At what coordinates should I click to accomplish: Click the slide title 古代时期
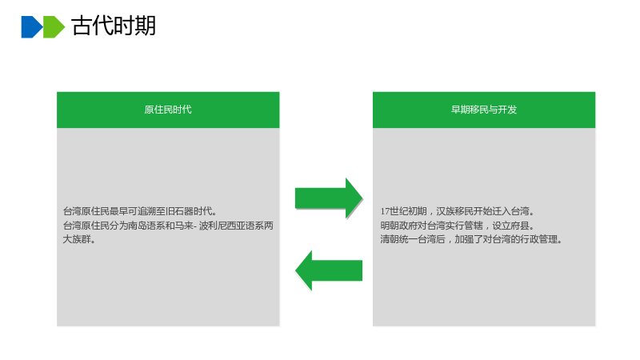click(114, 26)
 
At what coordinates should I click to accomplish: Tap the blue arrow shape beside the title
click(32, 27)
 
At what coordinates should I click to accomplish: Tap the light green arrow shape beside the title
click(54, 27)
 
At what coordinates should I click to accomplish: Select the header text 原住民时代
click(168, 110)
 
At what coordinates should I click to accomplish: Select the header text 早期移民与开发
click(484, 110)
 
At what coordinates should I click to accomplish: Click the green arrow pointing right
click(329, 198)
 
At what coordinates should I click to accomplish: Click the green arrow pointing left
click(329, 270)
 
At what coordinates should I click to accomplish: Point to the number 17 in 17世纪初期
click(385, 211)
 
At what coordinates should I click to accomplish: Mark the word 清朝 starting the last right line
click(390, 239)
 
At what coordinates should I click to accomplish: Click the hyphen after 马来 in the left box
click(195, 226)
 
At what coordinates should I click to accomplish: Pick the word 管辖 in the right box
click(474, 226)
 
